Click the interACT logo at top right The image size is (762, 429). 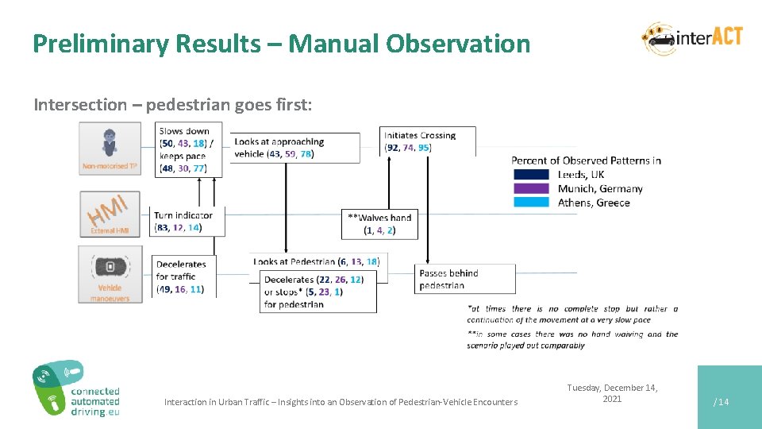pos(692,38)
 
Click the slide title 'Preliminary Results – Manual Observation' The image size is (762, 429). pos(281,44)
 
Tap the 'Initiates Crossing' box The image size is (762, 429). pos(428,141)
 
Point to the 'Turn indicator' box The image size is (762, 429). pos(187,221)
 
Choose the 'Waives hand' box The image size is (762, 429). pos(379,224)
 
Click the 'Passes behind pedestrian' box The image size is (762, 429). pos(464,279)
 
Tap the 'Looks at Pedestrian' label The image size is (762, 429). pos(316,261)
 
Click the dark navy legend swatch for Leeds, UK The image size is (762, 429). pos(530,174)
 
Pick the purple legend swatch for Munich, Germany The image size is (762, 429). pos(530,188)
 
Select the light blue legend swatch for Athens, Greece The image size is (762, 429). pos(530,202)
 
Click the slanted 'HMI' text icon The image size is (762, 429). pos(109,211)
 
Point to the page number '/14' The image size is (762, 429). pos(721,402)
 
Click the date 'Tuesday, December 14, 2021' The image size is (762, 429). pos(612,393)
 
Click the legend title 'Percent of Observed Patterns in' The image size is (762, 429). pos(586,160)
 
